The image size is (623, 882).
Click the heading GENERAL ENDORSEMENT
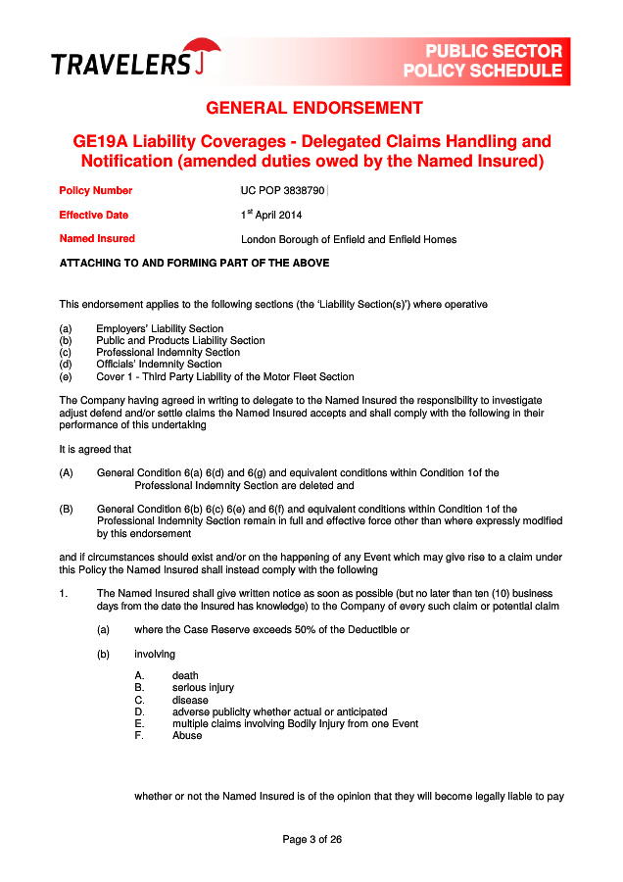click(x=314, y=108)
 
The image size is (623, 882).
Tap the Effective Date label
click(x=94, y=215)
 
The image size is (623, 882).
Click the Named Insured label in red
click(x=97, y=239)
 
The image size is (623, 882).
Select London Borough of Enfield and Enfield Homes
click(x=349, y=239)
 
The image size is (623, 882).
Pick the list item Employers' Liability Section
click(x=159, y=329)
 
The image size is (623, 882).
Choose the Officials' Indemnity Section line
click(x=159, y=365)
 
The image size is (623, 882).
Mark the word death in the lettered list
click(x=185, y=675)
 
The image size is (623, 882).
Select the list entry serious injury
click(x=203, y=688)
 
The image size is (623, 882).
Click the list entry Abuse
click(x=187, y=736)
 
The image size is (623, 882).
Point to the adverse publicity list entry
click(x=279, y=711)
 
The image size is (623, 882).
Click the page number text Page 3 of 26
click(x=311, y=840)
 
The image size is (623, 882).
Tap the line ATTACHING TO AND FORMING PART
click(x=195, y=263)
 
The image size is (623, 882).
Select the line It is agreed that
click(x=95, y=449)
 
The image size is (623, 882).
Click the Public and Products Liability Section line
click(x=180, y=341)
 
